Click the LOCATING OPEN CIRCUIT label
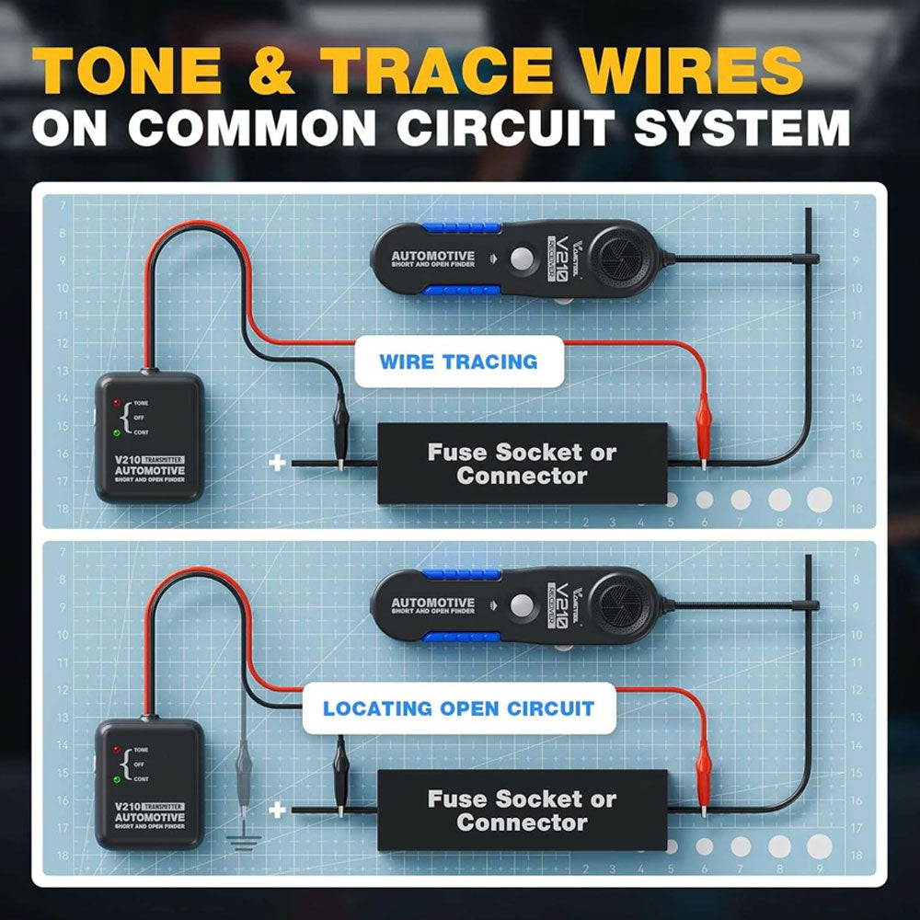point(458,708)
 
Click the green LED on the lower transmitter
point(117,779)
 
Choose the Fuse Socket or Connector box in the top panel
point(523,464)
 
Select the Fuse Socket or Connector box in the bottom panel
point(523,810)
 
